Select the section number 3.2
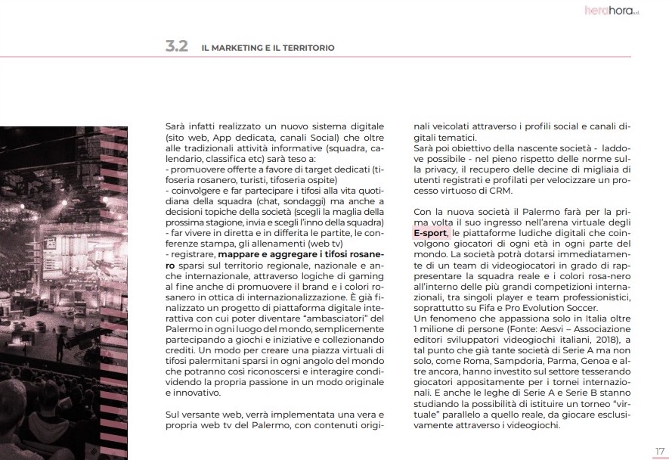tap(176, 47)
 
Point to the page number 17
tap(659, 451)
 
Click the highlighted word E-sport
tap(430, 235)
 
